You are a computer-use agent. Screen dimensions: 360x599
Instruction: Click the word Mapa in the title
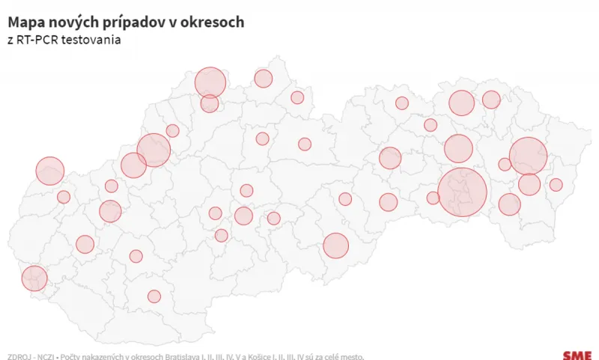27,22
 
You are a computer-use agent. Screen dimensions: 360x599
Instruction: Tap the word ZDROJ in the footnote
19,356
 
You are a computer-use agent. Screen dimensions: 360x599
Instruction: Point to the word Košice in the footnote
254,356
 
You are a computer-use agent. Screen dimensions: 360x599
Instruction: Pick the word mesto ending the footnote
352,356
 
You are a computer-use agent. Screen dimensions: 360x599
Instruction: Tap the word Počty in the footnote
70,356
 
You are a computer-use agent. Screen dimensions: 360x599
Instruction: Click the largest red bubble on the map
462,192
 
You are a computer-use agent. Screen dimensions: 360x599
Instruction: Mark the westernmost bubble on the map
34,278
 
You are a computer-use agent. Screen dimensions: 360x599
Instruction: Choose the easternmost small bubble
556,185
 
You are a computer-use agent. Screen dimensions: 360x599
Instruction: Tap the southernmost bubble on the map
154,296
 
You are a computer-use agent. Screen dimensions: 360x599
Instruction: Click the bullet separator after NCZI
58,356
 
